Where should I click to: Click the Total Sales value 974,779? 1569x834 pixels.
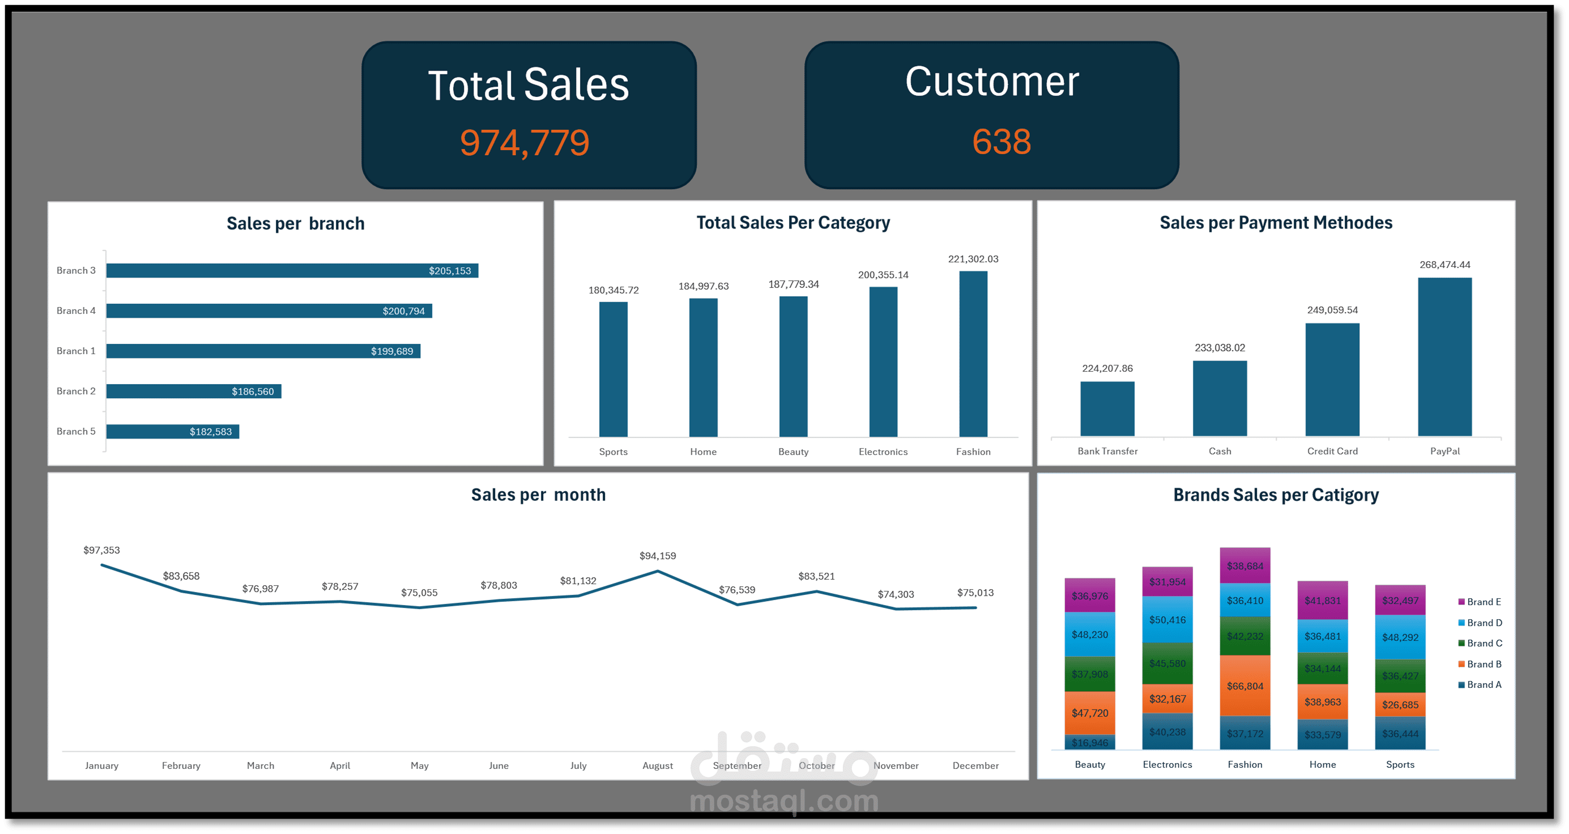(525, 143)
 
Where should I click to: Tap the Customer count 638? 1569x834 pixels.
(1001, 142)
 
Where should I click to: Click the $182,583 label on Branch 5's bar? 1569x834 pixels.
(210, 432)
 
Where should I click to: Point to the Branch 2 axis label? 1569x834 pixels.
(76, 391)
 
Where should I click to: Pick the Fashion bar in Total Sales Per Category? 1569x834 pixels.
(973, 354)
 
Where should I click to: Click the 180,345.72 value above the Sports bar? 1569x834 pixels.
(613, 290)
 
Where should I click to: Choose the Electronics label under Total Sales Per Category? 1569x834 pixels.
(882, 452)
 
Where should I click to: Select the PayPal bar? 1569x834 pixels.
(1444, 356)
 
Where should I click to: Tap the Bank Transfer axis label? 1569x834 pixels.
(1107, 451)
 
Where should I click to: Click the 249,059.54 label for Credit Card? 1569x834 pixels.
(1332, 310)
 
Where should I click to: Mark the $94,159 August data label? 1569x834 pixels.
(657, 556)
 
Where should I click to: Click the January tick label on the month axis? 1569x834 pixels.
(102, 765)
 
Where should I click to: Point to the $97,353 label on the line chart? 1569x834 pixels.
(102, 550)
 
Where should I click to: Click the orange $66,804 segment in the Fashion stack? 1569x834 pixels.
(1244, 686)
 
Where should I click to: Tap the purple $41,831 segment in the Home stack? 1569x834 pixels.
(1322, 600)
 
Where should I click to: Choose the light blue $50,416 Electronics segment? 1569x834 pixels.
(1167, 620)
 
